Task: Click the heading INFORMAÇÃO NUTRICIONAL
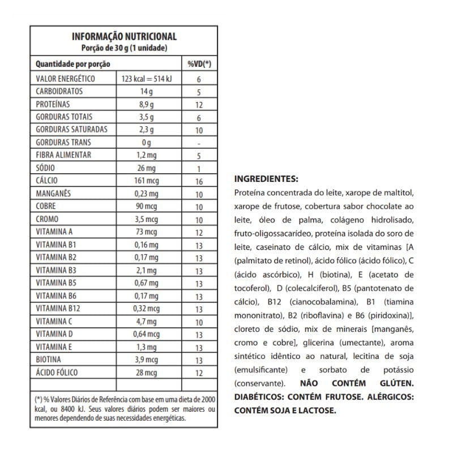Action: pos(124,36)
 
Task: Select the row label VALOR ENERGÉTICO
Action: pos(66,79)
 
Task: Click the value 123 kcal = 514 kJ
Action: pos(147,79)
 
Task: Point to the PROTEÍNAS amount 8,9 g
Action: pos(147,105)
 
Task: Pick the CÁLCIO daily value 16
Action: pos(199,182)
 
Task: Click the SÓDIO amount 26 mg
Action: pos(147,169)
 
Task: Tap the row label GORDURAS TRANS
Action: pos(63,142)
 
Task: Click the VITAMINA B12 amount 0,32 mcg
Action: pos(147,309)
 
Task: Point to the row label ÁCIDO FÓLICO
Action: pos(57,373)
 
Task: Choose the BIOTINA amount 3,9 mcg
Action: pos(147,360)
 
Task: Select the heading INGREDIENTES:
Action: pos(266,179)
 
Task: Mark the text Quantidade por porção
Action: pos(72,65)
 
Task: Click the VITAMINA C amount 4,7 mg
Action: pos(147,322)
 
